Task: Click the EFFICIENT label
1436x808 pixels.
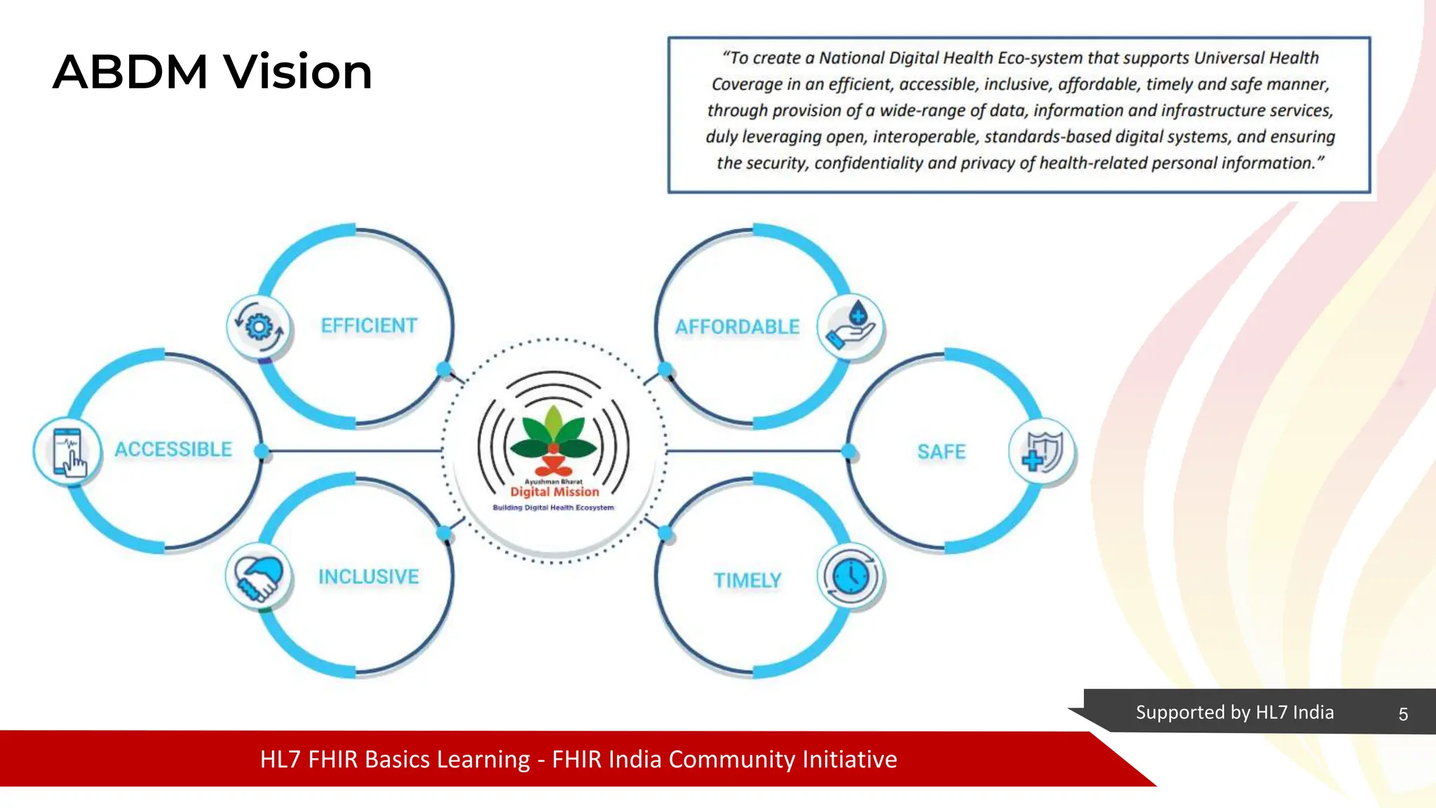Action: [x=369, y=325]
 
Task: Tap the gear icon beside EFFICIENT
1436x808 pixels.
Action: [x=259, y=327]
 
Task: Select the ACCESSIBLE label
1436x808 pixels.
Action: [x=173, y=449]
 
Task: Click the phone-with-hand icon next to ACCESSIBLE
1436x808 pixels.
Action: [x=68, y=452]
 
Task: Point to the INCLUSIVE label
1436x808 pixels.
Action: [x=368, y=577]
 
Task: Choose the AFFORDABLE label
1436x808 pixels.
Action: [x=737, y=327]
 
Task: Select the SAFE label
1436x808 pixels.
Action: [x=941, y=452]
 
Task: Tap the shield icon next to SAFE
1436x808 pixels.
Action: [x=1042, y=452]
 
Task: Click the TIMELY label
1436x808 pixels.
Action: [x=747, y=580]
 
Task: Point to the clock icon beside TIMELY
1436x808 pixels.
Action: [x=851, y=577]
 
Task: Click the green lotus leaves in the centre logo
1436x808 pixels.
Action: [x=553, y=431]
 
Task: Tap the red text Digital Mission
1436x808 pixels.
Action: [x=554, y=492]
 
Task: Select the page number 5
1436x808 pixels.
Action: [x=1402, y=714]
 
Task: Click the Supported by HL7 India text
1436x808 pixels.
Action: [x=1234, y=713]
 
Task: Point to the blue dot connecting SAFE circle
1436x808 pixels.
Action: [x=849, y=451]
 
